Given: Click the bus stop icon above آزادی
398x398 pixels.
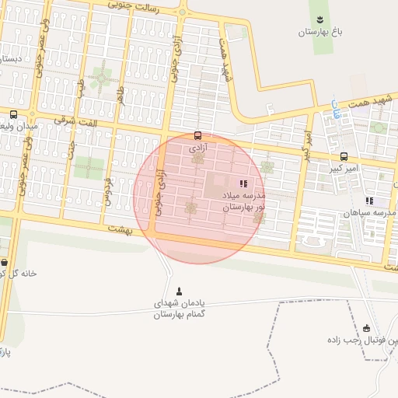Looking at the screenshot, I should click(197, 134).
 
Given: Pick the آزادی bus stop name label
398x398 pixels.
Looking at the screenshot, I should click(197, 147).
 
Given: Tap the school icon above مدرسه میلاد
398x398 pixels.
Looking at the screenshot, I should click(243, 183).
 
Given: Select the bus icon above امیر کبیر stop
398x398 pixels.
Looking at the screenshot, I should click(344, 156).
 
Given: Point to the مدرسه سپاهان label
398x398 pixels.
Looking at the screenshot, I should click(369, 213).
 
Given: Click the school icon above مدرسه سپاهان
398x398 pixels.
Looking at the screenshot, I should click(369, 201).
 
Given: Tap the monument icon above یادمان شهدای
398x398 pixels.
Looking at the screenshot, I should click(180, 291).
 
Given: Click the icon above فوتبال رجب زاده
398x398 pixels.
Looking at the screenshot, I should click(367, 328).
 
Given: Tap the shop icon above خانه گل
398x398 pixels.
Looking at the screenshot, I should click(5, 262).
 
